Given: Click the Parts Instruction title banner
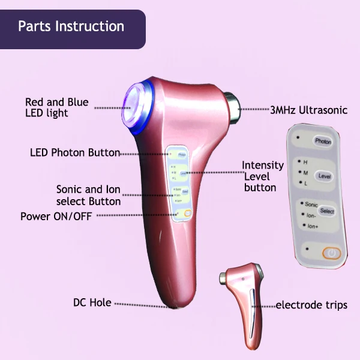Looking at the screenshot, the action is [x=71, y=28].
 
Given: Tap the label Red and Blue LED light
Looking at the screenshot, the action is [x=56, y=107].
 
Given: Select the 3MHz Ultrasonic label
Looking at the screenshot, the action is [x=308, y=110].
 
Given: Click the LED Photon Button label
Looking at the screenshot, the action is [x=75, y=152].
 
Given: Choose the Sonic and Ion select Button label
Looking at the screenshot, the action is [x=88, y=196].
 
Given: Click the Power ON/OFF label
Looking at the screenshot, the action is [x=56, y=216].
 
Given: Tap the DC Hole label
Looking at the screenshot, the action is [x=92, y=303].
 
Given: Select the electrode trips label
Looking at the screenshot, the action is [x=311, y=305].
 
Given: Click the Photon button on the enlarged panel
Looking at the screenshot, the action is [x=323, y=142].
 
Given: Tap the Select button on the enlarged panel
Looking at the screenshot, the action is [x=327, y=211].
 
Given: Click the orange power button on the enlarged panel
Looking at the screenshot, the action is [x=331, y=254].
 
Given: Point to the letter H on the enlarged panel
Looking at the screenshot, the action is [x=305, y=162].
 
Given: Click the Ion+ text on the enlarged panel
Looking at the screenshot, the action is [x=312, y=226].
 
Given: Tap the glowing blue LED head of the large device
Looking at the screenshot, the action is [x=138, y=97].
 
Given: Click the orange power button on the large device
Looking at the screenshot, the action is [x=188, y=214].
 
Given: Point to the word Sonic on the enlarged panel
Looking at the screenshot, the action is [x=311, y=205].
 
